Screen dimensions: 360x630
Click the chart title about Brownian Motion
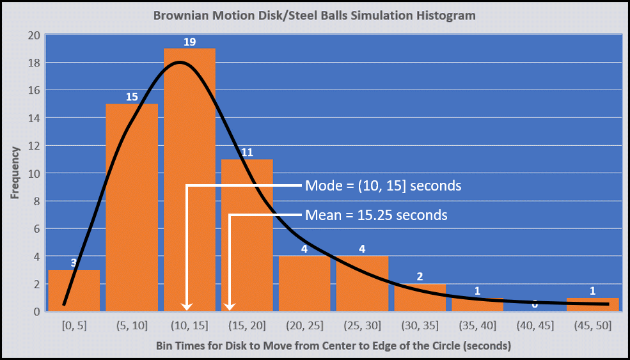tap(314, 15)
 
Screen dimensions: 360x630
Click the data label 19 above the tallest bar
tap(189, 42)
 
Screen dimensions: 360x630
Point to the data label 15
tap(132, 97)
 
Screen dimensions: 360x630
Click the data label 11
tap(247, 153)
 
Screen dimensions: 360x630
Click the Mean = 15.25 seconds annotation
tap(376, 215)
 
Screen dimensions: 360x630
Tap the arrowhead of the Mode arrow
tap(187, 306)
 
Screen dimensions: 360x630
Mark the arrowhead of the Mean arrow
tap(230, 306)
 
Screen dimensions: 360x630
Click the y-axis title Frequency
tap(15, 173)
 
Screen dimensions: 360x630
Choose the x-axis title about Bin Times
tap(333, 346)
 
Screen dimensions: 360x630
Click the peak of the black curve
tap(180, 62)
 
